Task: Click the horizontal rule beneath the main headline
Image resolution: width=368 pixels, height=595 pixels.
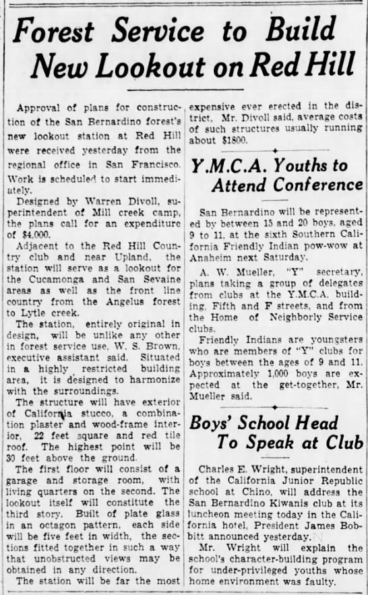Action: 184,89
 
